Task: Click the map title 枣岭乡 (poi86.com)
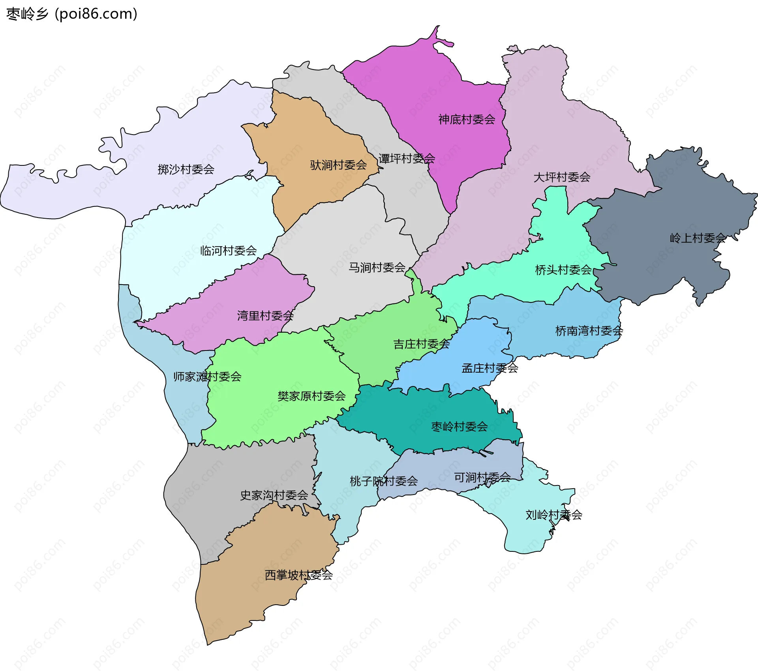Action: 72,14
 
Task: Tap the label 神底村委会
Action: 467,120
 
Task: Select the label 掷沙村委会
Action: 186,170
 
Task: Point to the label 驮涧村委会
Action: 338,165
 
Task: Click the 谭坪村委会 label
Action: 407,159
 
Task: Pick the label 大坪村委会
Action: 562,178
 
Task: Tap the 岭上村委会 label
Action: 698,238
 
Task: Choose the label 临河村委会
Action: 229,251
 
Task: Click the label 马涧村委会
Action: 377,268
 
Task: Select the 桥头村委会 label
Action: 563,270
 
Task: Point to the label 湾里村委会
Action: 265,316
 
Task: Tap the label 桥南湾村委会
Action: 589,331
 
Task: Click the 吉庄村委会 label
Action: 422,345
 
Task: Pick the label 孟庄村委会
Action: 490,369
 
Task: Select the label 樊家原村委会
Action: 311,396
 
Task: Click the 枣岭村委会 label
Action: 460,427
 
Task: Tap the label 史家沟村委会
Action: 274,495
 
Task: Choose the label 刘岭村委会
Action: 554,515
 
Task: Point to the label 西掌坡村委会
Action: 299,575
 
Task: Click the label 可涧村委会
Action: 482,478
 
